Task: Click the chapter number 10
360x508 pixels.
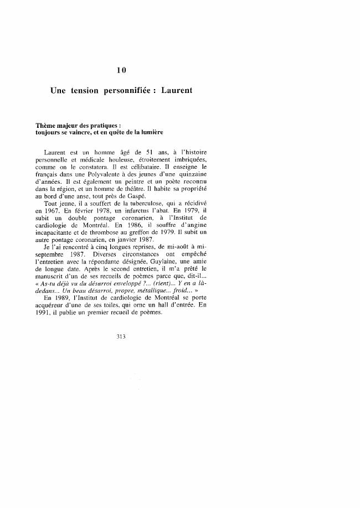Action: (x=122, y=70)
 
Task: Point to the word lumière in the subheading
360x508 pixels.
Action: (x=150, y=133)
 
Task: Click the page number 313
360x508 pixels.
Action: (x=122, y=336)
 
